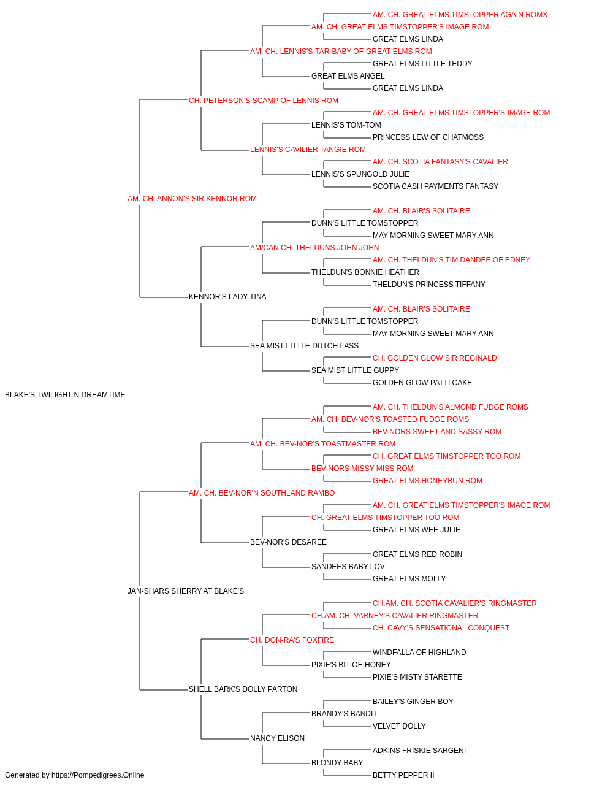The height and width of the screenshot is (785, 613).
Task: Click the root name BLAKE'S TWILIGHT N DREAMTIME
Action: [65, 395]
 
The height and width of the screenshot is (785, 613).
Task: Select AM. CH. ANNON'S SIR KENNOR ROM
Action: [192, 199]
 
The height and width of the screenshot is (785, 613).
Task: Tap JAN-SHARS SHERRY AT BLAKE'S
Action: [186, 591]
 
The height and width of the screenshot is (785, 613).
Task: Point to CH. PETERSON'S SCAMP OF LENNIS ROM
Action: [264, 101]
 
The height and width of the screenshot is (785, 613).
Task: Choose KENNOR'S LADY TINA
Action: [227, 297]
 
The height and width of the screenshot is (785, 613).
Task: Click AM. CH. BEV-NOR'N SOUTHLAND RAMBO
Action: [262, 492]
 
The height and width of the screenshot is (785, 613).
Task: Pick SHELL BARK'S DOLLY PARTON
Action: [243, 689]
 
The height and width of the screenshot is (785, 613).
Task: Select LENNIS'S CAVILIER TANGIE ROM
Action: [308, 150]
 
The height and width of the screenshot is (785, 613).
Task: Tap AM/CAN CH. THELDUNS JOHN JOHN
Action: [314, 247]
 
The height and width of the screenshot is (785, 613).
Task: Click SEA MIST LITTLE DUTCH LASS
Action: [304, 346]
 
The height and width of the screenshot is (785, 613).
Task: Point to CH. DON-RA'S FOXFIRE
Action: [292, 640]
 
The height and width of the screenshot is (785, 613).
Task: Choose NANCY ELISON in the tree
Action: [277, 738]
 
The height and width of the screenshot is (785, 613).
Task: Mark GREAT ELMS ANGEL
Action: [348, 76]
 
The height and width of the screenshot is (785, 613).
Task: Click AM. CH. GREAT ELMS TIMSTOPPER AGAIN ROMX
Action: [460, 15]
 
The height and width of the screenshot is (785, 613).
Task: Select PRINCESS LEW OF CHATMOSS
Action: [428, 137]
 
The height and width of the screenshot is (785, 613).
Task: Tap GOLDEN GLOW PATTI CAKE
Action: [422, 383]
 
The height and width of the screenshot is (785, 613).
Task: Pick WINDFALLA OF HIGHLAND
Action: [419, 653]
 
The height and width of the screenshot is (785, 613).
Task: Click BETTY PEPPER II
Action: [403, 775]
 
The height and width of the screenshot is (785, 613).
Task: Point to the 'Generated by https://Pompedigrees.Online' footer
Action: [74, 775]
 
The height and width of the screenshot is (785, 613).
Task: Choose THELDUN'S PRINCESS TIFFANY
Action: [429, 285]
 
